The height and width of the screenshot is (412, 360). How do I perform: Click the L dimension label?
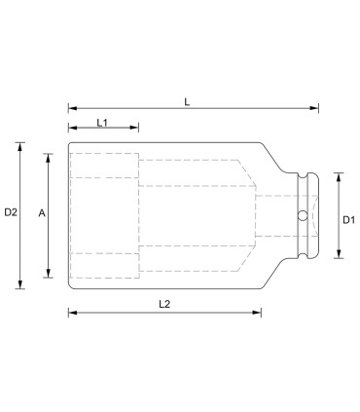pos(187,99)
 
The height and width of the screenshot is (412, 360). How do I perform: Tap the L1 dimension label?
pos(103,121)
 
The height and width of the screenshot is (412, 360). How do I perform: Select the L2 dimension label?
pos(164,303)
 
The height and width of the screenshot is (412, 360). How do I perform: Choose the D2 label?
pos(11,211)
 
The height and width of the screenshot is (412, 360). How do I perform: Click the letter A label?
pos(40,211)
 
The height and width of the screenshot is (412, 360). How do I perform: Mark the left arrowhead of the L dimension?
pos(71,109)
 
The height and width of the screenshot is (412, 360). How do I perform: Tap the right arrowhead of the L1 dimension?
pos(136,129)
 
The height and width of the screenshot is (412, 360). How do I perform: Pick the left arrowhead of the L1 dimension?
pos(71,129)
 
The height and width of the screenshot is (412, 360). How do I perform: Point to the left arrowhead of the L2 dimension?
pos(71,313)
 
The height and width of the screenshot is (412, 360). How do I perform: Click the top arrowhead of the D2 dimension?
pos(20,146)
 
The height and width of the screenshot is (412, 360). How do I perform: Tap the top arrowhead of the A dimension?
pos(48,156)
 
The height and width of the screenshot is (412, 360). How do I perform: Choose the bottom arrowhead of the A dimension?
pos(48,275)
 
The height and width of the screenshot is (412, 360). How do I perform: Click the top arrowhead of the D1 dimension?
pos(338,176)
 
